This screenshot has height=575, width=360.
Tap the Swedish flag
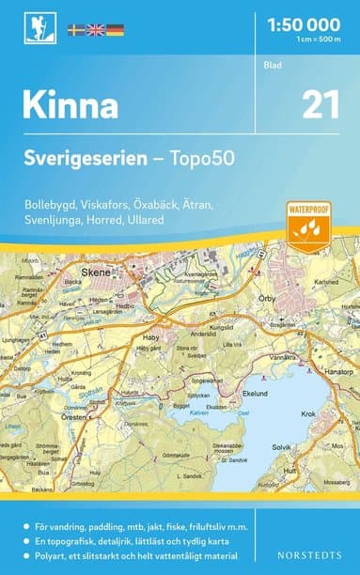click(77, 30)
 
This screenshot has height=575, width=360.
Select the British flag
click(96, 30)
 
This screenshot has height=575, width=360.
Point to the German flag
click(115, 30)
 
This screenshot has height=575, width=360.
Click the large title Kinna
click(71, 104)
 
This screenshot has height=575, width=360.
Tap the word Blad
click(272, 65)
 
